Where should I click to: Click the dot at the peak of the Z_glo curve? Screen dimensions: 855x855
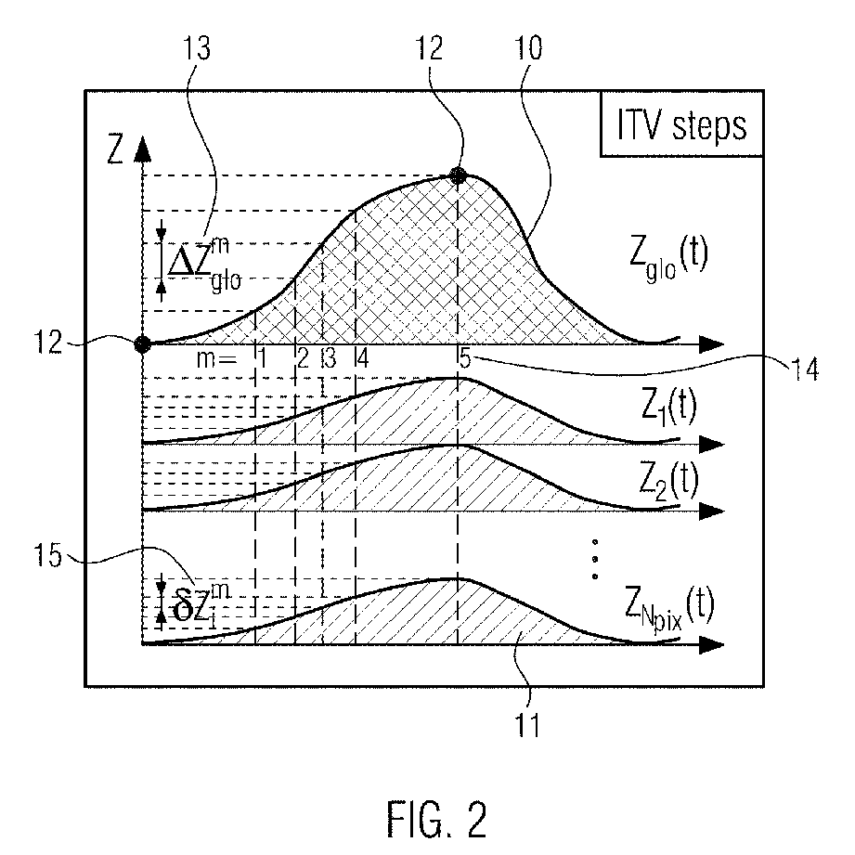[x=457, y=175]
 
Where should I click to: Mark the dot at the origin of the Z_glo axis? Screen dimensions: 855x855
[x=142, y=344]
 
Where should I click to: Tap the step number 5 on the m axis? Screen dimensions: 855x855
[x=463, y=358]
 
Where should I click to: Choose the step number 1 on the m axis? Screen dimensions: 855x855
[x=262, y=358]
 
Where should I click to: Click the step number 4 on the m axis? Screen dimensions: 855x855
[x=361, y=358]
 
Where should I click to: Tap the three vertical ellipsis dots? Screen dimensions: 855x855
[x=594, y=558]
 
